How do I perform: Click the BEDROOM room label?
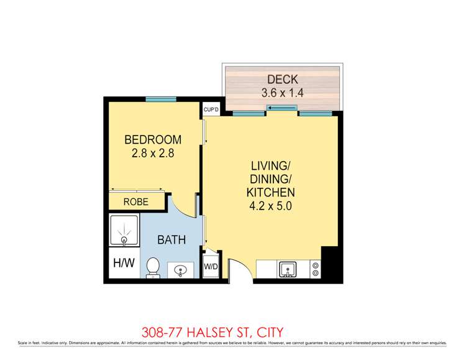pyautogui.click(x=153, y=139)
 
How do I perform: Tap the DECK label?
pyautogui.click(x=283, y=80)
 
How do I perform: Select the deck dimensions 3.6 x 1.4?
pyautogui.click(x=283, y=93)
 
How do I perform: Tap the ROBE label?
pyautogui.click(x=135, y=202)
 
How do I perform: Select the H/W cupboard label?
pyautogui.click(x=124, y=264)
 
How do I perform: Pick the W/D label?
pyautogui.click(x=211, y=268)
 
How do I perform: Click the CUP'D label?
pyautogui.click(x=211, y=110)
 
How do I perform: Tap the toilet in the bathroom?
pyautogui.click(x=153, y=267)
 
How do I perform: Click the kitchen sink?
pyautogui.click(x=288, y=269)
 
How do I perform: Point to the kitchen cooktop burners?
pyautogui.click(x=315, y=269)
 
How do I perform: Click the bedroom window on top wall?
pyautogui.click(x=161, y=99)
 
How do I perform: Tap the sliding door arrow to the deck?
pyautogui.click(x=282, y=109)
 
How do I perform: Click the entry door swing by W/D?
pyautogui.click(x=236, y=269)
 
